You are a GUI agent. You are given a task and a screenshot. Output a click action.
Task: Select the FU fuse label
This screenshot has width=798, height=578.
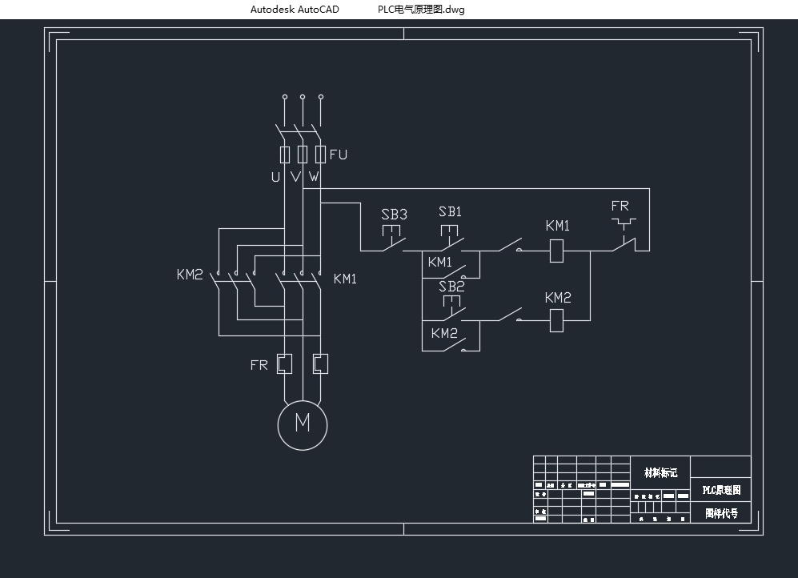point(339,155)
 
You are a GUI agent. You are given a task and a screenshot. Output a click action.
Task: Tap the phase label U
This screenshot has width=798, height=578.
point(275,177)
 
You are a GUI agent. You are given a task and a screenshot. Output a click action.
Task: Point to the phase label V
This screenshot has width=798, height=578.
point(295,177)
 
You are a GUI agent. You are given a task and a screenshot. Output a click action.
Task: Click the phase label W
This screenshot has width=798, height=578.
point(314,177)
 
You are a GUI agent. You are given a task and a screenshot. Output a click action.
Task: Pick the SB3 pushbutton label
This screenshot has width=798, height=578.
point(394,215)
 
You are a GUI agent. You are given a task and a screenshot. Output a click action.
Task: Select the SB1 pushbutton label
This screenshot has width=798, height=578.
point(450,212)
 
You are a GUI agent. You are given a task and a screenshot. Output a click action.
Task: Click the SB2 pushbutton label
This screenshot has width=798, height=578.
point(451,286)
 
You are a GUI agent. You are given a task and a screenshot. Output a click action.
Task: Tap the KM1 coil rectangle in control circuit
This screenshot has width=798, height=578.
point(557,251)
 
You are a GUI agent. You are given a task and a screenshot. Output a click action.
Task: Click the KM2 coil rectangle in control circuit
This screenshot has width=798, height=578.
point(557,321)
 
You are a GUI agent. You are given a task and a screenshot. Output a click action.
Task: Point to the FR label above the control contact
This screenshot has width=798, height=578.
point(620,207)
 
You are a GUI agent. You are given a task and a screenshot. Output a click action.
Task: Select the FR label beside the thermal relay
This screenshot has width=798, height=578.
point(259,365)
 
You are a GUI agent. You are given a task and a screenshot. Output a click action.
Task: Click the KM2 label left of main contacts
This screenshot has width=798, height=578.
point(190,275)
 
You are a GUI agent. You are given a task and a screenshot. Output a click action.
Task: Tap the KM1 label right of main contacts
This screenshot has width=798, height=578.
point(345,279)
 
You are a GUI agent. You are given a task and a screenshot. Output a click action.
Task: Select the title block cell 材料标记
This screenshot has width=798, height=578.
point(660,472)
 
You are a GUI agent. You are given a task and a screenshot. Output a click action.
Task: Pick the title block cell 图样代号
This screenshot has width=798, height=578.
point(721,513)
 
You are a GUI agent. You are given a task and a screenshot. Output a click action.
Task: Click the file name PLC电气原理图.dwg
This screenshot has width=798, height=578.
point(421,10)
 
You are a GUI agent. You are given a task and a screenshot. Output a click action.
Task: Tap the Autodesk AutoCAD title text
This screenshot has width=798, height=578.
point(295,10)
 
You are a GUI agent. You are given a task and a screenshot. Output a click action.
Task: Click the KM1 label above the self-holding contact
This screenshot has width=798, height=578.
point(440,262)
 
